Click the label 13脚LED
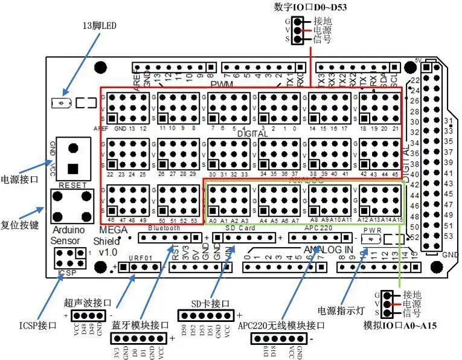(100, 26)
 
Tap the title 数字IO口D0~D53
(310, 7)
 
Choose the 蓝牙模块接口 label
(136, 324)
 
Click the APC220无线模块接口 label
(281, 325)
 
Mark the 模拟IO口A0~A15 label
(400, 326)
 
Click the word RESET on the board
(74, 185)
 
